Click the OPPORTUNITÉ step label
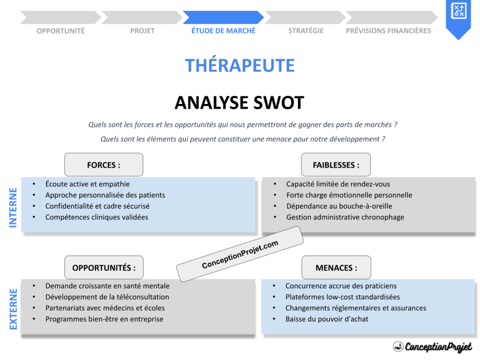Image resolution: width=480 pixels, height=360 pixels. [x=60, y=31]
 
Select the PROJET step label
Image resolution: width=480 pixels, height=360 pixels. [x=142, y=31]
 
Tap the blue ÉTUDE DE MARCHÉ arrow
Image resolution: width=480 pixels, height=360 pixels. [x=223, y=18]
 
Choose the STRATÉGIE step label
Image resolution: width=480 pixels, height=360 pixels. [x=306, y=31]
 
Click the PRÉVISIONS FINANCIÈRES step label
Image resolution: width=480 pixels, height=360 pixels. [x=388, y=31]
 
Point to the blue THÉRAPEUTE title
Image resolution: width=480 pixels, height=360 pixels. [x=240, y=66]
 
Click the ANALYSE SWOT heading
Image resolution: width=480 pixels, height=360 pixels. [x=240, y=103]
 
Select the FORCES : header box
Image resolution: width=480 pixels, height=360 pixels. [x=104, y=165]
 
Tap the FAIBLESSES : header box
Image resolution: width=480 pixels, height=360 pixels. [x=336, y=165]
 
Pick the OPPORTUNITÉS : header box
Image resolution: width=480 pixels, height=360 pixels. [x=104, y=268]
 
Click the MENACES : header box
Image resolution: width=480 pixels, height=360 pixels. [x=336, y=268]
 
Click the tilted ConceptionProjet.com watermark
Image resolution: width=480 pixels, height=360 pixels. [x=240, y=254]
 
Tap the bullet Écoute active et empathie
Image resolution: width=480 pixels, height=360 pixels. [x=87, y=184]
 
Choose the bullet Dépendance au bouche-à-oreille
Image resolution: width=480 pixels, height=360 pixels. [x=339, y=206]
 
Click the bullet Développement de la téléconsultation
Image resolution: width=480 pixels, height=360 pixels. [x=107, y=297]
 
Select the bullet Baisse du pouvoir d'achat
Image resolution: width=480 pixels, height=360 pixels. [x=327, y=319]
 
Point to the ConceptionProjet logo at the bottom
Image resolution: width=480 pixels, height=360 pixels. [x=432, y=346]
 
